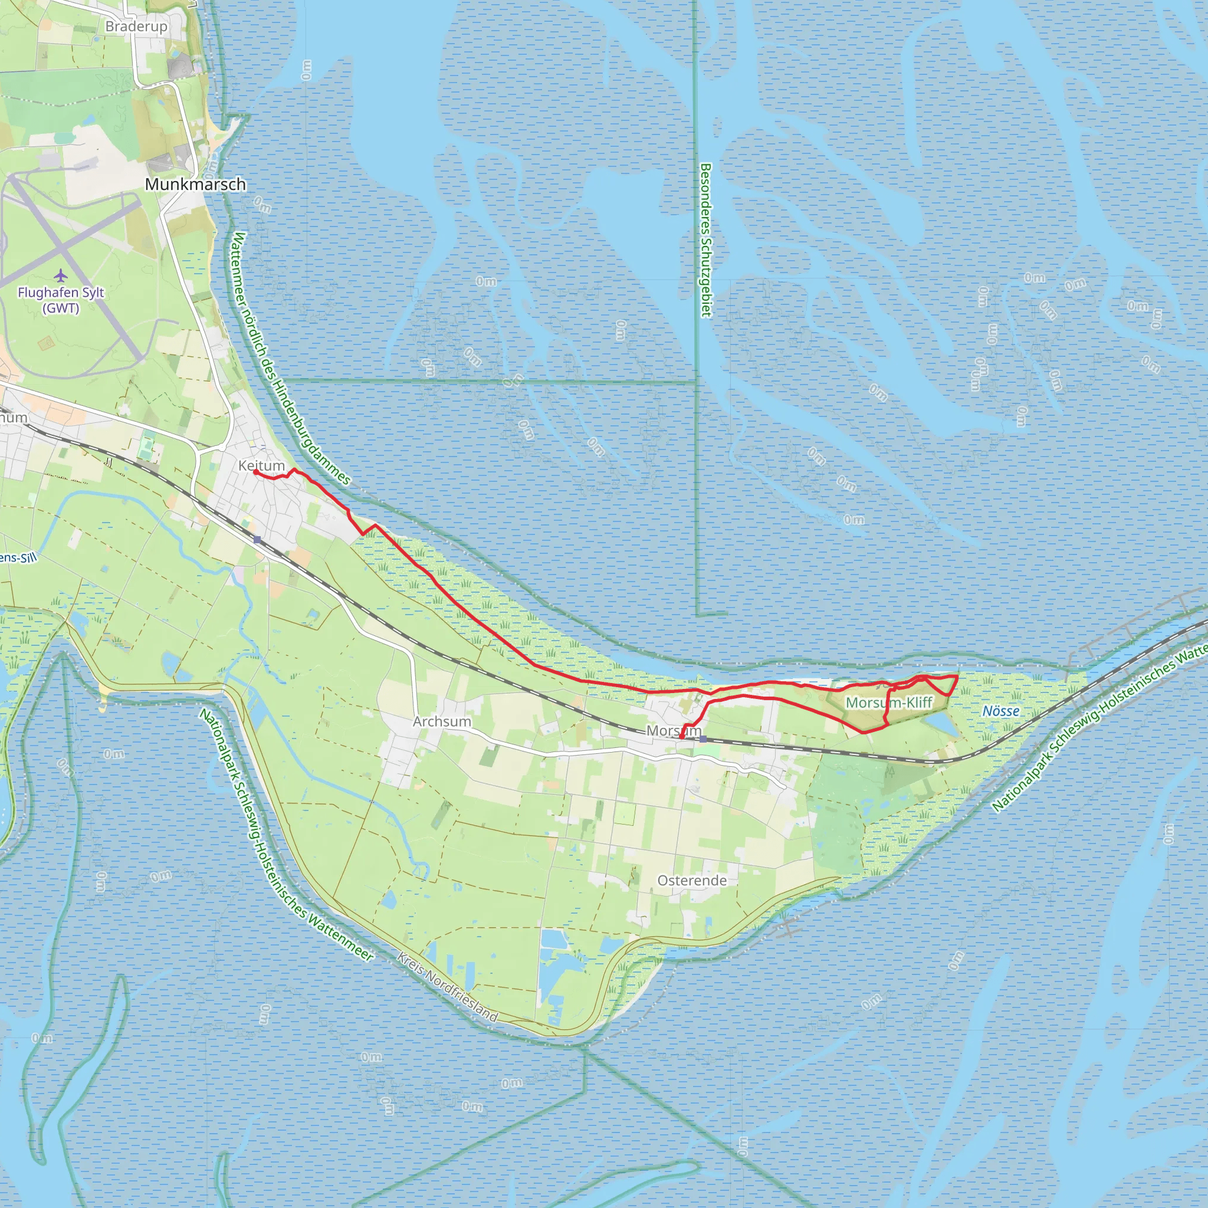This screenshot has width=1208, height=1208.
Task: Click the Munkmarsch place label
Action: point(195,185)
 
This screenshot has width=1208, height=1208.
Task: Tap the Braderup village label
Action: point(136,27)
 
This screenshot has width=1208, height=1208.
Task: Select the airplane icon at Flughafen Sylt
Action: point(60,275)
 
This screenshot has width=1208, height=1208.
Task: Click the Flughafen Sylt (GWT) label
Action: point(61,300)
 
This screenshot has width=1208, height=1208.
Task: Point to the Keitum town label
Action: point(261,466)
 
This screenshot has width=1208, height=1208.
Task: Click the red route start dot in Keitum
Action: point(256,472)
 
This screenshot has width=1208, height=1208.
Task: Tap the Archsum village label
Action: point(441,721)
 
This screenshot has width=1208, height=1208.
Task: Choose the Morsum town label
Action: point(674,730)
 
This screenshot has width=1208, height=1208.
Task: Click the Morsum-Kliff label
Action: point(888,702)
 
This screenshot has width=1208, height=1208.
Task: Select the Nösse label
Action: point(1000,711)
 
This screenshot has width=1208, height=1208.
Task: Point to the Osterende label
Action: point(691,881)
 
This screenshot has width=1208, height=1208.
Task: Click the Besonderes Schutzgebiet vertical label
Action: point(706,240)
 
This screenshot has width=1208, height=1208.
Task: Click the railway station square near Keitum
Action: point(257,539)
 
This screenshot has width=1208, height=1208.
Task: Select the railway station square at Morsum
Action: point(704,739)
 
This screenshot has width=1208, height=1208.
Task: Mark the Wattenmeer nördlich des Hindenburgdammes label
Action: point(291,359)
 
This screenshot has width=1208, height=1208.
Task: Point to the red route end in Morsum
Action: point(681,738)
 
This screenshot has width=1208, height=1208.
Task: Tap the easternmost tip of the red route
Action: point(957,677)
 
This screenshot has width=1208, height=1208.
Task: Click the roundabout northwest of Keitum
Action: point(221,448)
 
